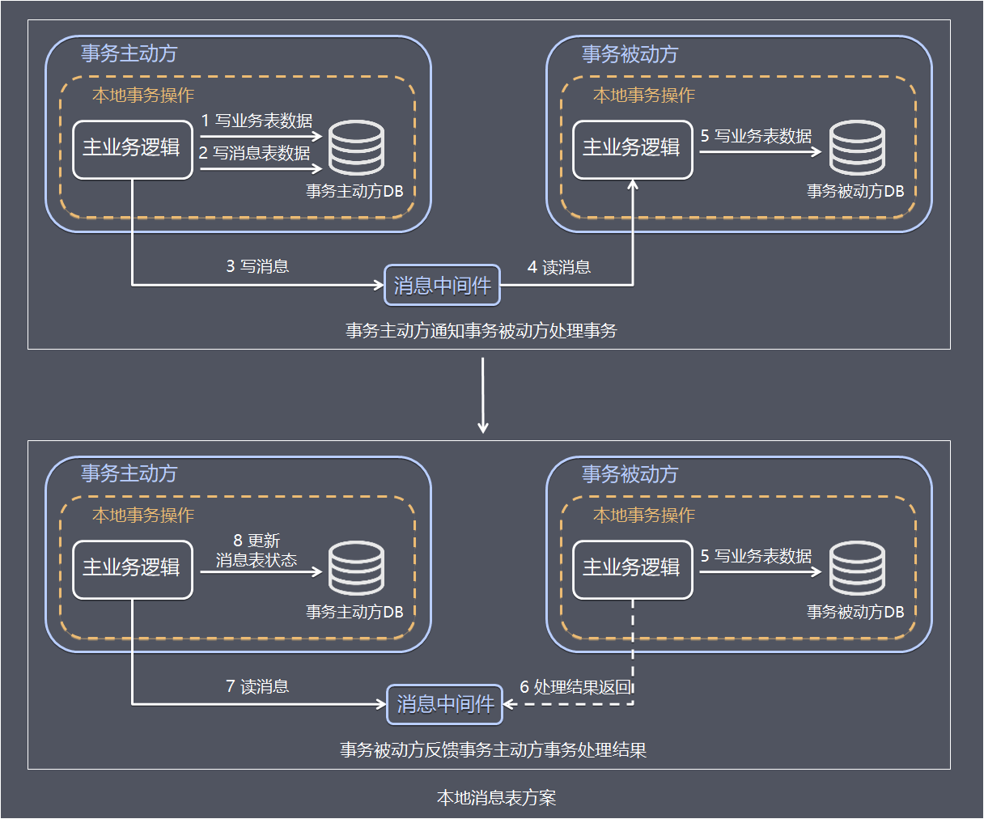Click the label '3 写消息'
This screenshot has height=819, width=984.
pos(257,266)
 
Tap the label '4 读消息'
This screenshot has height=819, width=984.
pos(559,267)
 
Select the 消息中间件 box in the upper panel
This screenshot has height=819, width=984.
pos(442,286)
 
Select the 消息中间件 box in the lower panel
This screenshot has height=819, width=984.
pos(445,704)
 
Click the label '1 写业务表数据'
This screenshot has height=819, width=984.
pos(257,121)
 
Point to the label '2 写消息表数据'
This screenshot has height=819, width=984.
pos(255,153)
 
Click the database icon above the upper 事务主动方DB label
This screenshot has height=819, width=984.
pos(356,148)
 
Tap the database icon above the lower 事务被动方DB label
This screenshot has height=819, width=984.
pos(857,568)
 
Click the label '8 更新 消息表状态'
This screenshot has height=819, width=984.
pos(257,550)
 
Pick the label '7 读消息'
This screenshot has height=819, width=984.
pos(257,686)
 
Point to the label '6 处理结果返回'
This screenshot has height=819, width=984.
pos(575,687)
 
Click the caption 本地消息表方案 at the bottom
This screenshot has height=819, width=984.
pos(496,798)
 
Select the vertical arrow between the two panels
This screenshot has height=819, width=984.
pos(483,395)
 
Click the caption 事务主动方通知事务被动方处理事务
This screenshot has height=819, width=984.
pos(481,331)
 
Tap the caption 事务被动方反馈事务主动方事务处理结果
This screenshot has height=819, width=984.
pos(493,750)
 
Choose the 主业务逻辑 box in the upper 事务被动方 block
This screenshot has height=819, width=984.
pos(632,149)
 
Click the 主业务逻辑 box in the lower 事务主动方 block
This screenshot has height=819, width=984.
pos(133,569)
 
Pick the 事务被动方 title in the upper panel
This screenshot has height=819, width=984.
pos(630,54)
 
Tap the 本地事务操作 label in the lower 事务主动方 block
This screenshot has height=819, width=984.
pos(142,516)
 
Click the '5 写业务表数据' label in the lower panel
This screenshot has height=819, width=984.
pos(756,556)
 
